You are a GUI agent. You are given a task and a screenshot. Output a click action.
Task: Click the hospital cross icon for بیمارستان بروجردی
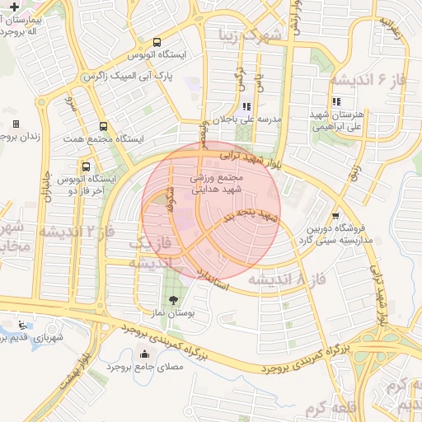[14, 7]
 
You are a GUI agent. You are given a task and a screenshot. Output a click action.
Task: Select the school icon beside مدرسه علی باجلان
[246, 105]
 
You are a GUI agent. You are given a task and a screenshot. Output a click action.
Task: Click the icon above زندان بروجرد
[15, 124]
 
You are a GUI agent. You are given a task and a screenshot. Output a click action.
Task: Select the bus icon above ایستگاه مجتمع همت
[103, 126]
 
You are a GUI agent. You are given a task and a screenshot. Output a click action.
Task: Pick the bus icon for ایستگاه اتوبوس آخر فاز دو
[87, 166]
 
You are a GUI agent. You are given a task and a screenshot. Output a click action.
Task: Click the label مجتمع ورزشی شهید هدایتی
[217, 183]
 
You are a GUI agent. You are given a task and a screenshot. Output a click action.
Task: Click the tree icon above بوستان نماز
[172, 300]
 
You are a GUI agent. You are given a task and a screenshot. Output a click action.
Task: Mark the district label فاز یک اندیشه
[152, 252]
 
